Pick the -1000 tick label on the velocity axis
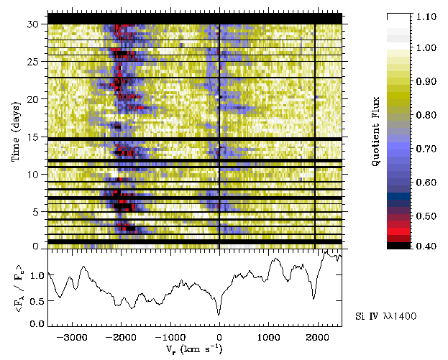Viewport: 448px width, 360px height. click(x=169, y=336)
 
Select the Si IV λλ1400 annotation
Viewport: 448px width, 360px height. click(x=386, y=316)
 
